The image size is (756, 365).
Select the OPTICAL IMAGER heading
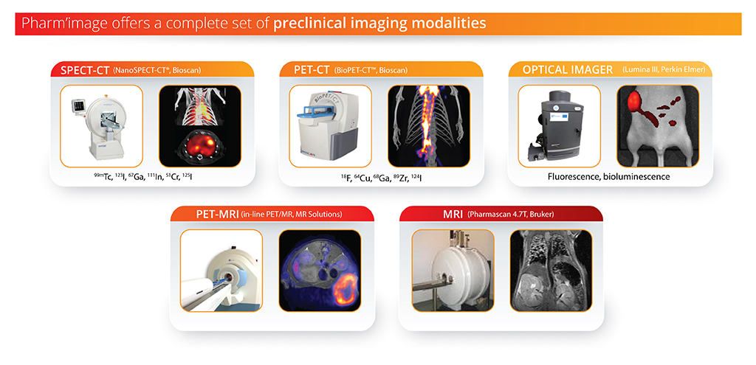click(x=568, y=70)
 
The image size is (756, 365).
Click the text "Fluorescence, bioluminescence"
click(x=608, y=177)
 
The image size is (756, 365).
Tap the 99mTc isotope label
click(x=103, y=177)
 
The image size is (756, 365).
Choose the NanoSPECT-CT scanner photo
click(x=101, y=126)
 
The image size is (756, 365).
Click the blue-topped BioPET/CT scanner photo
click(x=330, y=126)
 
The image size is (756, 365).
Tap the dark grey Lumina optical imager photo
click(x=560, y=126)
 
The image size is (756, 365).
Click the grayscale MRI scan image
click(x=551, y=270)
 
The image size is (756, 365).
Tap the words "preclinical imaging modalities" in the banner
click(x=380, y=24)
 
